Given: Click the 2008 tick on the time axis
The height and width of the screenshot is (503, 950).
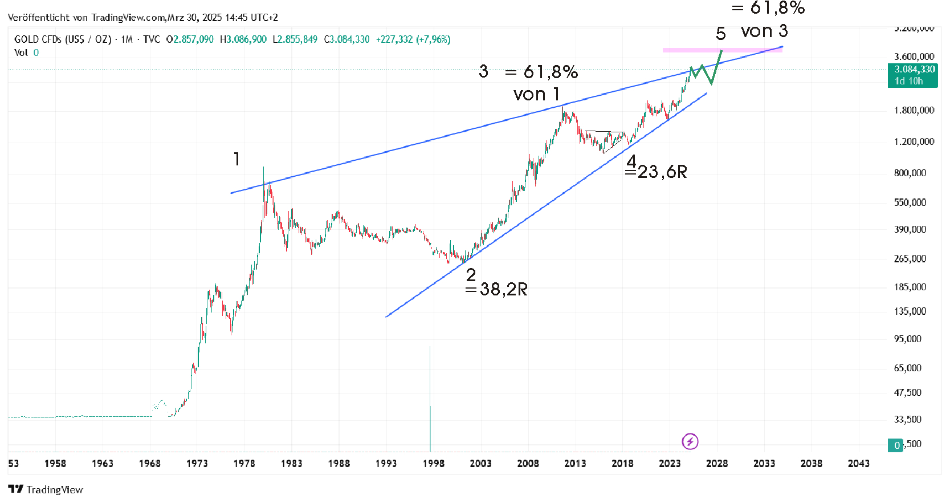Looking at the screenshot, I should (x=528, y=463).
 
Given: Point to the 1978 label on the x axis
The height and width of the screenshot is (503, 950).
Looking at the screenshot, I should (x=244, y=463).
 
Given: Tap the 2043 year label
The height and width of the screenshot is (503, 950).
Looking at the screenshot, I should (x=858, y=463).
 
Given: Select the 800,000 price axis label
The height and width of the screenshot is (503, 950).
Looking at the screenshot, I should (x=910, y=173).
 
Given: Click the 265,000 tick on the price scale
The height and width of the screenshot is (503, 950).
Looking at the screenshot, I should (x=910, y=258).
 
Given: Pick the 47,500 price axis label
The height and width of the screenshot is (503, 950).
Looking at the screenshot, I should (x=907, y=392).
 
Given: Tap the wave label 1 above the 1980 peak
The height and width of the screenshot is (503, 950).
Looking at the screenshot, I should (x=237, y=159).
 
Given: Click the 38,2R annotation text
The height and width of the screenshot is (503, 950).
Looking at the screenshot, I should (x=503, y=289).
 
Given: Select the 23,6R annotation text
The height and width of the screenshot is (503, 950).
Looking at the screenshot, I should (x=662, y=172).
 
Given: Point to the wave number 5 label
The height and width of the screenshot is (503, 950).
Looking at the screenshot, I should (x=721, y=34).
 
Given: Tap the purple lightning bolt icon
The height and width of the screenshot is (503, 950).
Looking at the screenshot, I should (x=690, y=441).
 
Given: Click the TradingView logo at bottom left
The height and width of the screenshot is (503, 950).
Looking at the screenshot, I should (x=46, y=489).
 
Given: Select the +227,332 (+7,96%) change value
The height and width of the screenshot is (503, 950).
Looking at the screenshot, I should (x=413, y=39).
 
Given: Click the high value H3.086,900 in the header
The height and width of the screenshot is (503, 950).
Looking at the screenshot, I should (x=243, y=39).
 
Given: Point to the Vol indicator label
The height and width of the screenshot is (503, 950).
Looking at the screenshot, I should (x=21, y=52).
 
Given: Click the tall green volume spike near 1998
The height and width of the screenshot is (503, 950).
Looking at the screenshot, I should (x=430, y=399).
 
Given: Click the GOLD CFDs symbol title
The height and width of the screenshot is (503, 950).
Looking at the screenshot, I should (x=63, y=39).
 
